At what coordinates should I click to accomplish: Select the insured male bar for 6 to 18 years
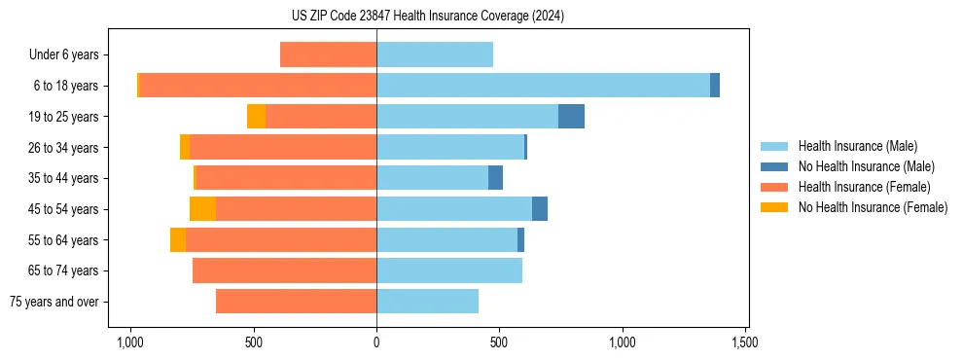pyautogui.click(x=543, y=86)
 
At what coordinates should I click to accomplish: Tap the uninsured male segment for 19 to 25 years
pyautogui.click(x=571, y=117)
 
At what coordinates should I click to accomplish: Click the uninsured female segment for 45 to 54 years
pyautogui.click(x=202, y=209)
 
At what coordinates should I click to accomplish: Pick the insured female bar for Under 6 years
pyautogui.click(x=328, y=54)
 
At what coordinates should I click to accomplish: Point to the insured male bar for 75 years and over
pyautogui.click(x=427, y=302)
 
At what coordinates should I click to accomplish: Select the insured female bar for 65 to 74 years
pyautogui.click(x=284, y=270)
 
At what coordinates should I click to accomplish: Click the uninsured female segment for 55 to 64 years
pyautogui.click(x=178, y=240)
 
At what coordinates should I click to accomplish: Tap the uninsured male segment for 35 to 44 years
pyautogui.click(x=495, y=178)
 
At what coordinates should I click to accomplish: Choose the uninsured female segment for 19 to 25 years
pyautogui.click(x=256, y=117)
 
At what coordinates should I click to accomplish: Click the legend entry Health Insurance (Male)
pyautogui.click(x=856, y=146)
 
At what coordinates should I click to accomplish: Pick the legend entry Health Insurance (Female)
pyautogui.click(x=864, y=187)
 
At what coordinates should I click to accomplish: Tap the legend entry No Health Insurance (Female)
pyautogui.click(x=873, y=207)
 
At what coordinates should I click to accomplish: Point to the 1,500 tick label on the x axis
pyautogui.click(x=745, y=342)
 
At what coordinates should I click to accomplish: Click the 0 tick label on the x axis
pyautogui.click(x=376, y=342)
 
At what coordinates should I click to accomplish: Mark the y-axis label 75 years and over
pyautogui.click(x=54, y=302)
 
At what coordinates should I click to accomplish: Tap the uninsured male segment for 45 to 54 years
pyautogui.click(x=540, y=209)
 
